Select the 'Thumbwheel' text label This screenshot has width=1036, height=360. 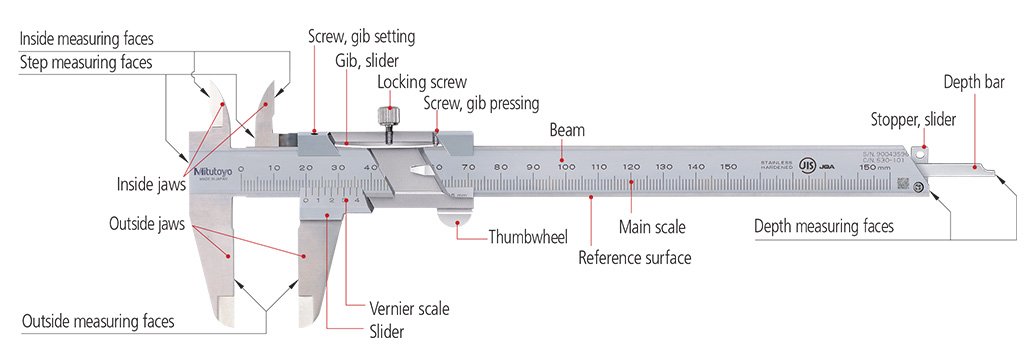528,237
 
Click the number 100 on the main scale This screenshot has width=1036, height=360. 566,166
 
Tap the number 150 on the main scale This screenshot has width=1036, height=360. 729,166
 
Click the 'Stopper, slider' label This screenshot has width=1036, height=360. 912,119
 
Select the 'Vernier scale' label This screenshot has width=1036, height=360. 395,309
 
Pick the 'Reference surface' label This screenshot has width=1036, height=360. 634,257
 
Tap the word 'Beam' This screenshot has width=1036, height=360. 567,131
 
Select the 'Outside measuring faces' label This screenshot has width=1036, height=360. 98,321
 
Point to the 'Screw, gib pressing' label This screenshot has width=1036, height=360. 481,102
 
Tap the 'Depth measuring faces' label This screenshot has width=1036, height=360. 822,227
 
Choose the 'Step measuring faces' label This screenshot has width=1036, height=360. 87,63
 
